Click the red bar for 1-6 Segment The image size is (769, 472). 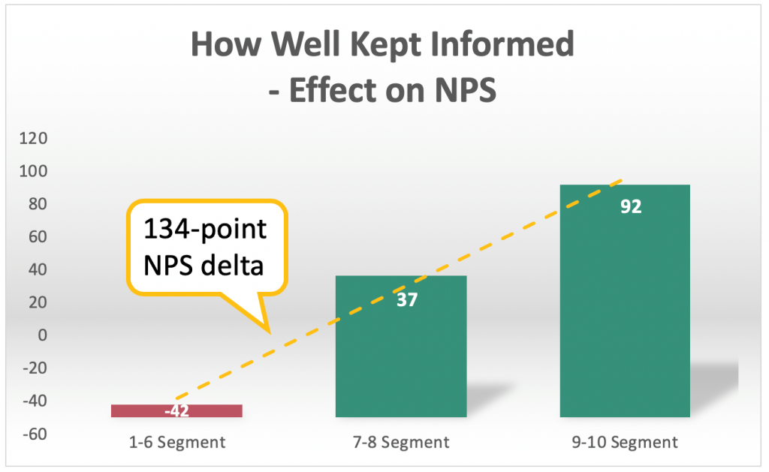tap(176, 410)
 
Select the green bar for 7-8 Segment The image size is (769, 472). tap(401, 347)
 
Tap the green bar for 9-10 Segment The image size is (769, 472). tap(625, 301)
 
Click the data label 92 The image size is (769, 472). tap(631, 206)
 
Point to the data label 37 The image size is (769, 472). tap(406, 299)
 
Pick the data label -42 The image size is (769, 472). tap(176, 410)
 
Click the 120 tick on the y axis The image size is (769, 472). tap(33, 138)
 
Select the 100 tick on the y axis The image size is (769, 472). tap(33, 171)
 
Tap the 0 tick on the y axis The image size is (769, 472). tap(43, 335)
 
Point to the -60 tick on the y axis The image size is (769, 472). tap(35, 434)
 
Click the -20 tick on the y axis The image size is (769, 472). tap(35, 368)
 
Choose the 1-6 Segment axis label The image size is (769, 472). tap(177, 443)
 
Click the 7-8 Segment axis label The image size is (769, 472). tap(401, 443)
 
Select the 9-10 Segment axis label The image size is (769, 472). tap(625, 443)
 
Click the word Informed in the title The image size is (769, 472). tap(502, 44)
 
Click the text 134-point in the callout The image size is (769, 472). tap(205, 230)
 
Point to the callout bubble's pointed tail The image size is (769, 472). tap(270, 332)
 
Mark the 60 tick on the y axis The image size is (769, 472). tap(38, 236)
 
